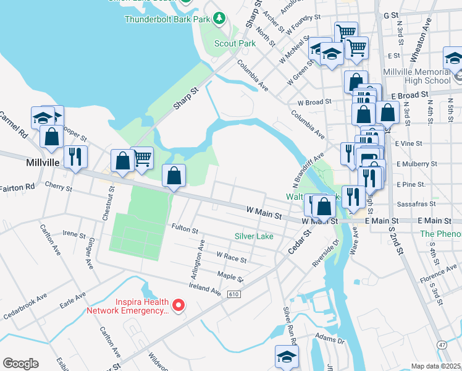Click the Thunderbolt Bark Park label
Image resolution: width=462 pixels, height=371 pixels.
[x=167, y=19]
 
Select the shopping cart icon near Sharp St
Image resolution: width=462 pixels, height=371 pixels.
[x=142, y=158]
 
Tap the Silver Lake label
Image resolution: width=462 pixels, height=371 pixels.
[x=254, y=236]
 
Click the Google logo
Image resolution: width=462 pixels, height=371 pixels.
[x=20, y=364]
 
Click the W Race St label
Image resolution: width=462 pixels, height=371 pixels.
[x=231, y=255]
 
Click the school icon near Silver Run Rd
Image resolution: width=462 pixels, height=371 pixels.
[x=286, y=357]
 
